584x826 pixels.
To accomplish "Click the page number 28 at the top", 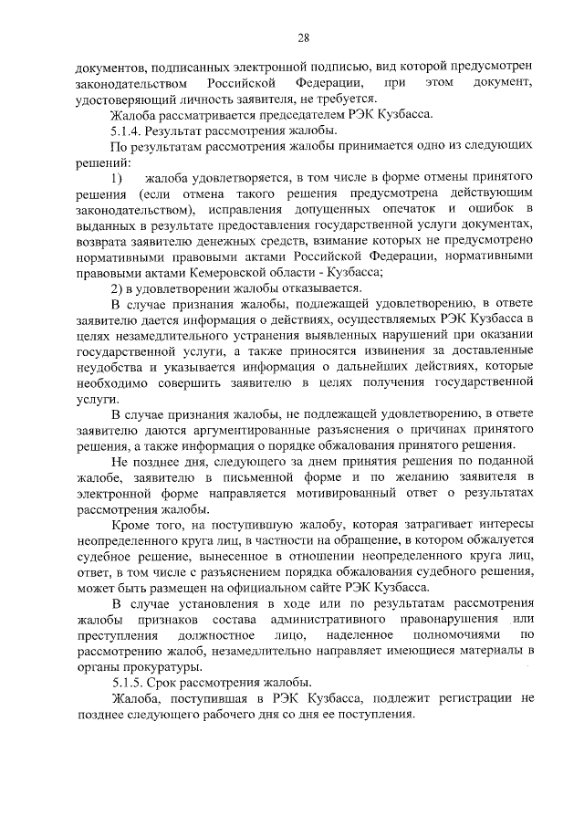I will point(303,37).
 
